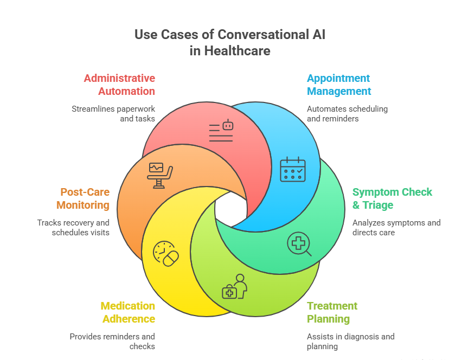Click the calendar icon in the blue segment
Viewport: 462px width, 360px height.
(x=292, y=169)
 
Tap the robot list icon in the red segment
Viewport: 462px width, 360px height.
(x=221, y=131)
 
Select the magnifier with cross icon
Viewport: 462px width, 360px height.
(x=299, y=245)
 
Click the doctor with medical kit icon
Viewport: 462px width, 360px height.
(x=234, y=286)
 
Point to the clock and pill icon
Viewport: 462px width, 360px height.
(x=166, y=253)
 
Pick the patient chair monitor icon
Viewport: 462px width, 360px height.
(x=161, y=175)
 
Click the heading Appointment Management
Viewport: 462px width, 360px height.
(x=339, y=85)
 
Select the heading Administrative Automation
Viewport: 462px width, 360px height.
(x=119, y=85)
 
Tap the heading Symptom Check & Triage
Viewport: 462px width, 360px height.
(x=392, y=198)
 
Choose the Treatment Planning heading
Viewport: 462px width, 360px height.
(x=332, y=312)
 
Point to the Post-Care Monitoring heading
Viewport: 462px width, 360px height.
(x=85, y=198)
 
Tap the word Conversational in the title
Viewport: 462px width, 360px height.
(x=262, y=35)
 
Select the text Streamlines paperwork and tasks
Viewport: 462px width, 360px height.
(x=113, y=113)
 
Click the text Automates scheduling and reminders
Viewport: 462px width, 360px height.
(x=347, y=113)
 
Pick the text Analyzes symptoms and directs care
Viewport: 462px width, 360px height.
(x=396, y=227)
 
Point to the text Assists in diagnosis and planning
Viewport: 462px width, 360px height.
(x=350, y=341)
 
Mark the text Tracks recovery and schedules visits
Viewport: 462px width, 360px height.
(x=73, y=227)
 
